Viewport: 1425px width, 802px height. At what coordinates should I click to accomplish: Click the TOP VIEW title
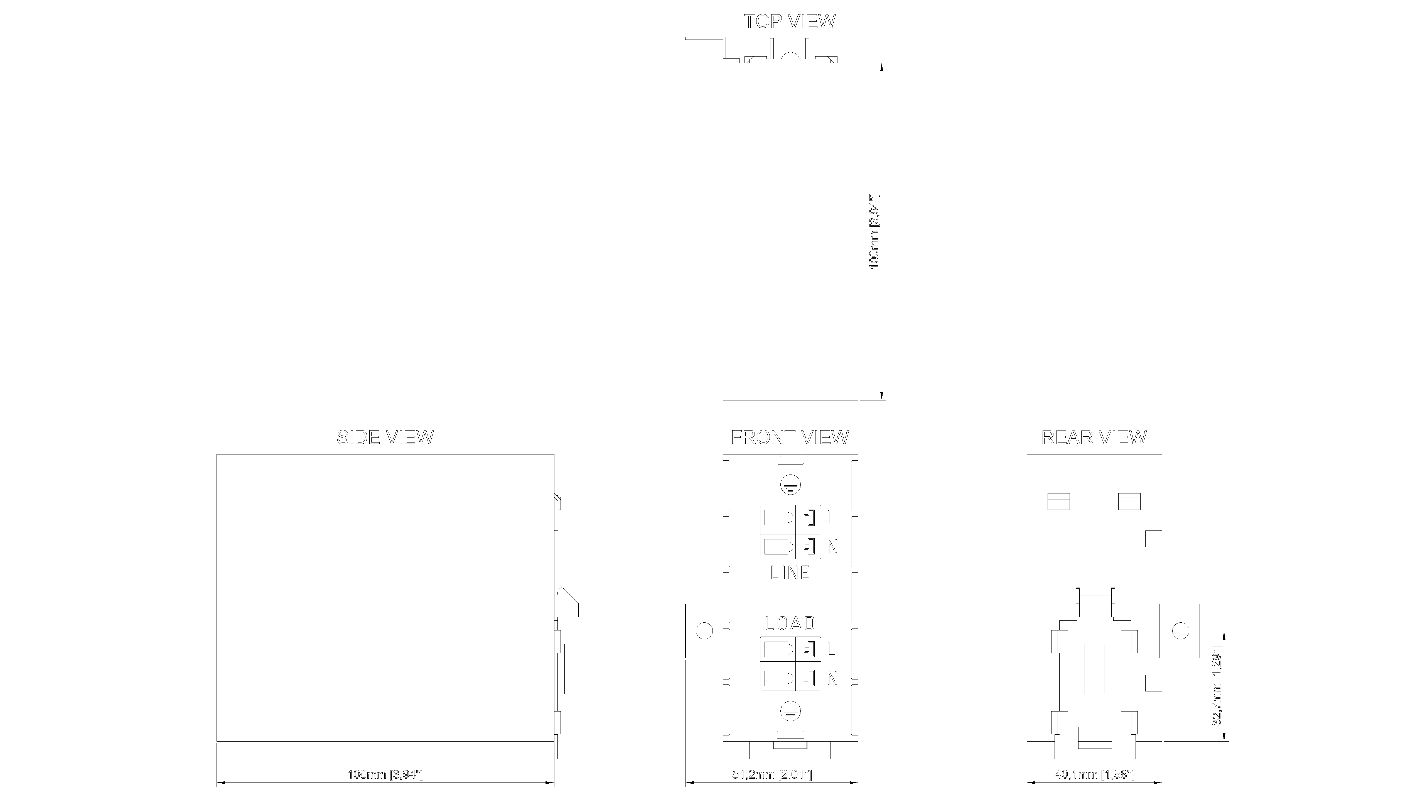(x=789, y=22)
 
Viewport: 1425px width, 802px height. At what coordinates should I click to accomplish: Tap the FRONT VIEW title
(x=790, y=437)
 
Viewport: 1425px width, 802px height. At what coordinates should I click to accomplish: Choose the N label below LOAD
(x=832, y=678)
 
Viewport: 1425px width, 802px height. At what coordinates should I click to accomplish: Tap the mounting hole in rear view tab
(x=1180, y=631)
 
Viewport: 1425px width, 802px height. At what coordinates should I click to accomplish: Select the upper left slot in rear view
(x=1059, y=502)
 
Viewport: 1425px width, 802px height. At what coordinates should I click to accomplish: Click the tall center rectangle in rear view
(x=1094, y=669)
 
